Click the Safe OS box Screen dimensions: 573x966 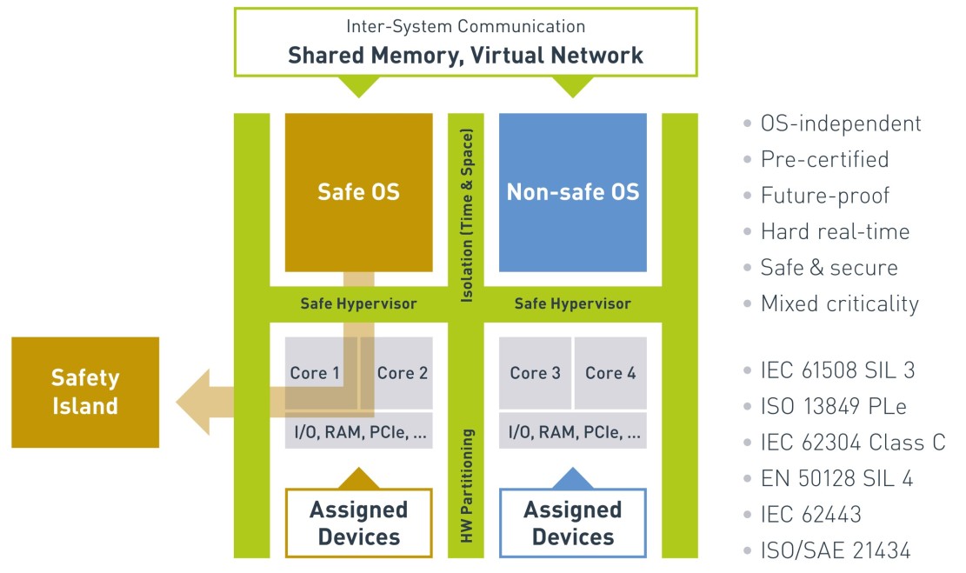click(x=358, y=192)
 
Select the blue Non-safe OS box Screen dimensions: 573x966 click(x=572, y=192)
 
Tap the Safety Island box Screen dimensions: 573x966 click(x=85, y=392)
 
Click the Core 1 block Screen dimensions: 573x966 click(x=314, y=373)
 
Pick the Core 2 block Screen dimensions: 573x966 click(x=402, y=373)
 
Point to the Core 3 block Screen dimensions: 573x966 click(x=535, y=373)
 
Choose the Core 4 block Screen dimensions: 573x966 click(x=610, y=373)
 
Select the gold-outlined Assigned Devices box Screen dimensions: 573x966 click(x=358, y=523)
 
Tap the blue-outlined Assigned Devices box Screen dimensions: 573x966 click(x=572, y=523)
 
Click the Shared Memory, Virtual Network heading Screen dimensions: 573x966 click(x=465, y=56)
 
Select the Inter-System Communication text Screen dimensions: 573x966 click(x=465, y=27)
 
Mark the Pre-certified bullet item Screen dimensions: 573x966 click(x=823, y=159)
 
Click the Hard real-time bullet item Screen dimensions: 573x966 click(x=834, y=231)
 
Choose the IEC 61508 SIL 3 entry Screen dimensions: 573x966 click(x=837, y=370)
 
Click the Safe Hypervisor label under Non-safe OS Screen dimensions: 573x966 click(x=572, y=303)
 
